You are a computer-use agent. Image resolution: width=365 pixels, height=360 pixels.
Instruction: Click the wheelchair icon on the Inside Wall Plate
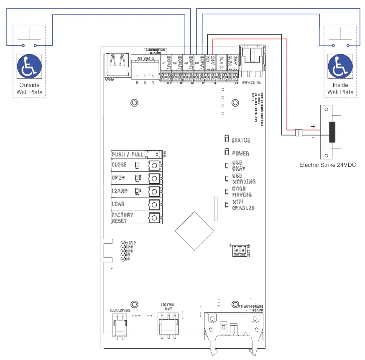340,67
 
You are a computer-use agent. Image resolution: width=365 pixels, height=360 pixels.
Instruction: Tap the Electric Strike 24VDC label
327,165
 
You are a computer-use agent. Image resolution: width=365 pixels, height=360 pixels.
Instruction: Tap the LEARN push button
154,191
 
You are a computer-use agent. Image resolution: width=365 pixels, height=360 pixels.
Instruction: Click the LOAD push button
154,204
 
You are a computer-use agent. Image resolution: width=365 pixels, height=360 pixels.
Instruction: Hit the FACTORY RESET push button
154,218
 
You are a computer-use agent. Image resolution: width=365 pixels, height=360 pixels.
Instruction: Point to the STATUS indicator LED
226,140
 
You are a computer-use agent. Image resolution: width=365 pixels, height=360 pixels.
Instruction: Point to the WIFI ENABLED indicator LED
226,205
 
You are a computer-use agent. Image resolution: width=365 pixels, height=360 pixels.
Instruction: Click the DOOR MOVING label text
242,191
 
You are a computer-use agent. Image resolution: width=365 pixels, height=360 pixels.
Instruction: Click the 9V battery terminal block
240,250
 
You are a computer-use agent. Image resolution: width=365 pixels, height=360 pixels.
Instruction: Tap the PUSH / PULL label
128,154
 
